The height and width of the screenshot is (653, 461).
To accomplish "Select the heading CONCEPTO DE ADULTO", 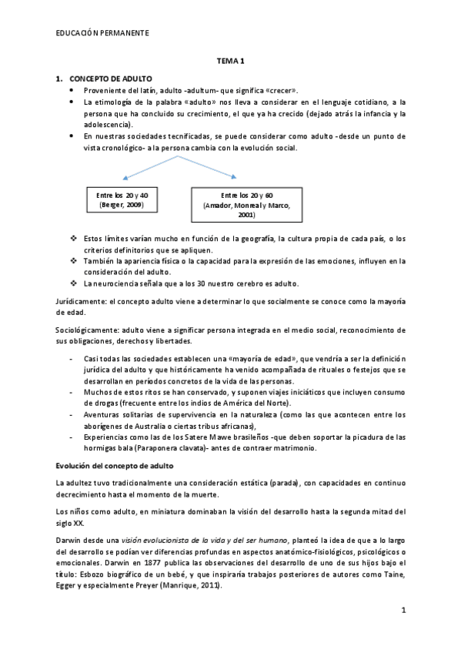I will (x=111, y=79).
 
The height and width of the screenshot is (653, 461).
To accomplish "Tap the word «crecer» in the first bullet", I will (x=279, y=90).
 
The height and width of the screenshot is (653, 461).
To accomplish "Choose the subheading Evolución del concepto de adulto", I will (x=115, y=465).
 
